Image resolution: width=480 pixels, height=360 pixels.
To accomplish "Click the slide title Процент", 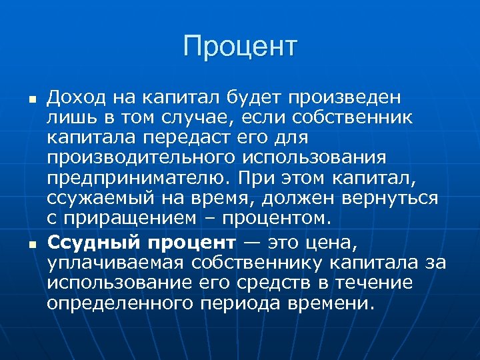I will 240,47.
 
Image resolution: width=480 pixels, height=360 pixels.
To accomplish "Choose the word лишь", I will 67,118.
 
